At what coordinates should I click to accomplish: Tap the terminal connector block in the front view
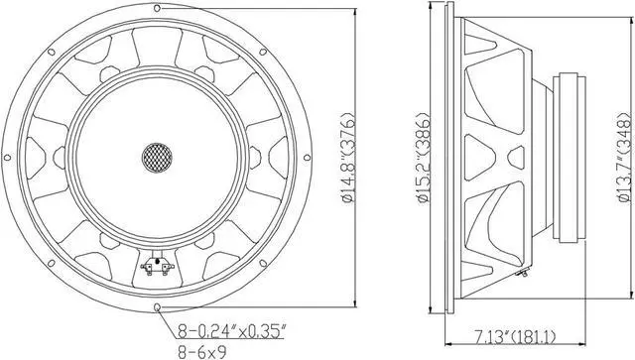156,265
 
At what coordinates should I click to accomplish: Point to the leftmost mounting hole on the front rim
9,157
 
